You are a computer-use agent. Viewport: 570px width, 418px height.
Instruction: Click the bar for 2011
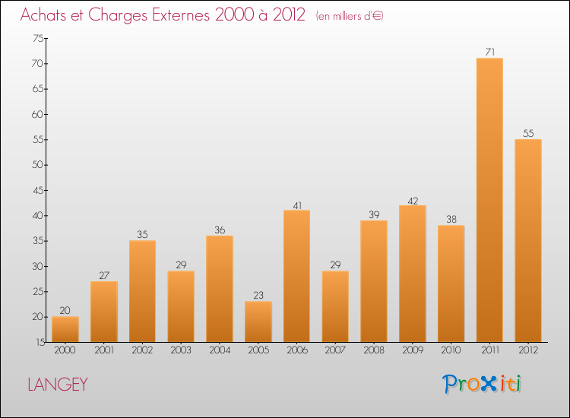click(489, 200)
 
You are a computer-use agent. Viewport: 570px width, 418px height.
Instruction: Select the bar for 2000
click(65, 329)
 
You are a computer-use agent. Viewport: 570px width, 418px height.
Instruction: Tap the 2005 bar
click(258, 321)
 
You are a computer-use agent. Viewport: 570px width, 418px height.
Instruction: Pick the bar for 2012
click(528, 240)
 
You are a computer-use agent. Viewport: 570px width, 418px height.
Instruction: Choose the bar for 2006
click(296, 276)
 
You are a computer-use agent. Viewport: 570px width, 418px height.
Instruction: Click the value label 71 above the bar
click(489, 52)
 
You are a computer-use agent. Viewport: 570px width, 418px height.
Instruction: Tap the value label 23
click(258, 296)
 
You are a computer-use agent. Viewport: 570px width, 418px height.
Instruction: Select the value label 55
click(528, 134)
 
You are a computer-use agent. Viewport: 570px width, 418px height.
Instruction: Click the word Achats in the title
click(45, 15)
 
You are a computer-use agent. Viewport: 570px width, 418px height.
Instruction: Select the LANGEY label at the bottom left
click(58, 385)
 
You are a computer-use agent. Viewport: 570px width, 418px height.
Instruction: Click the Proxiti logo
click(482, 384)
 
